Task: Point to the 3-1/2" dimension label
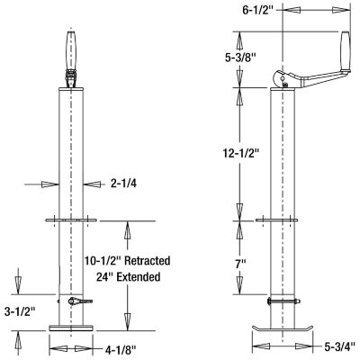(x=20, y=311)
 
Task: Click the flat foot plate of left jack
(x=73, y=329)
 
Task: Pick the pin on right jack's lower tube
(x=284, y=302)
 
